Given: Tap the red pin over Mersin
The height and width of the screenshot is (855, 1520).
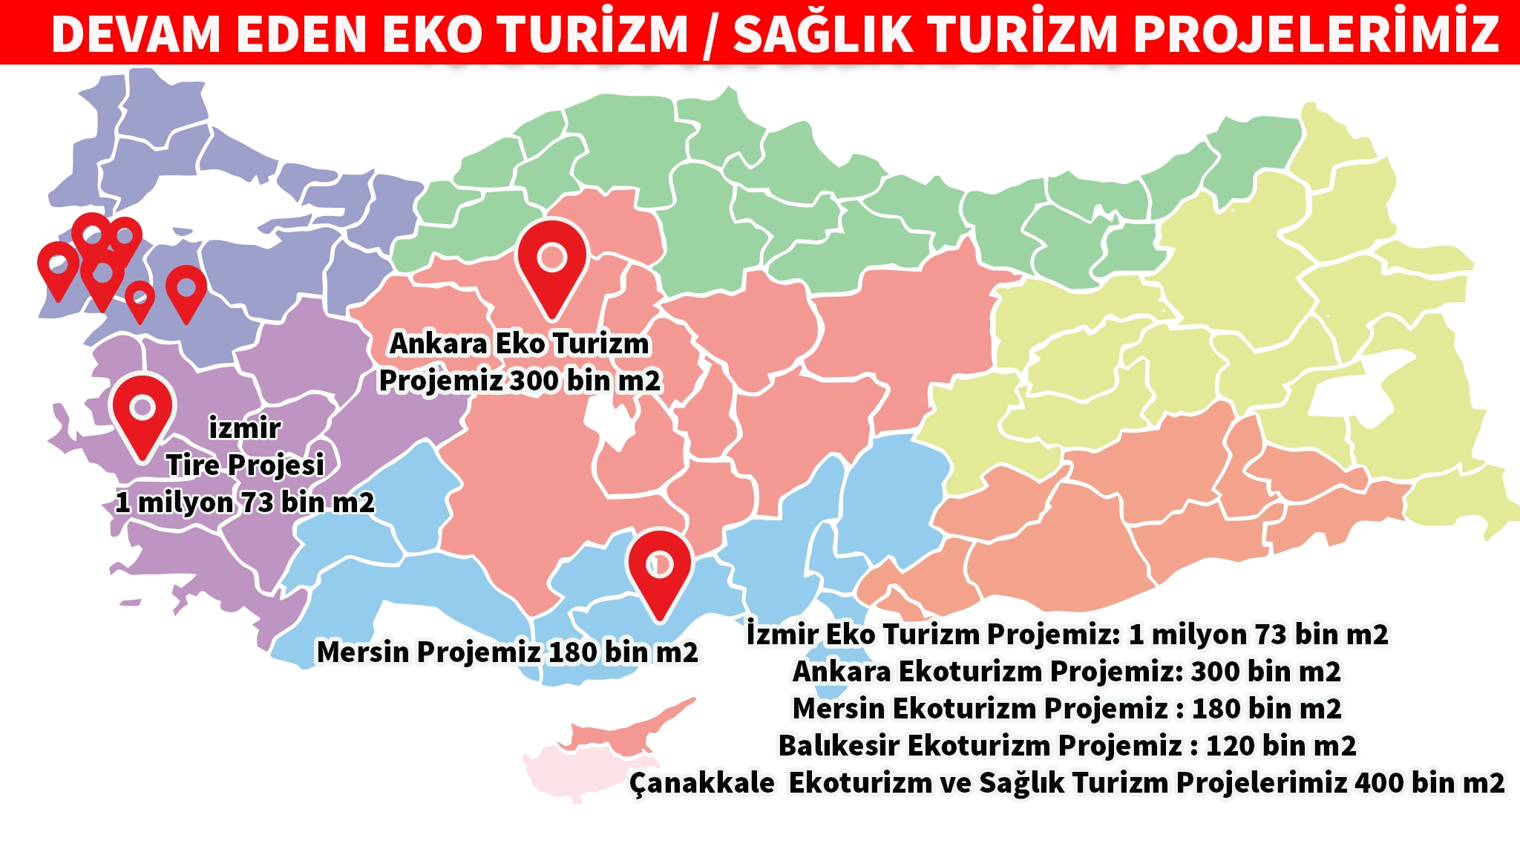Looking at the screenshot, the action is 659,568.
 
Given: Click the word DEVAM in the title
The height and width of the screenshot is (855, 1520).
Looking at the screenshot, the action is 137,33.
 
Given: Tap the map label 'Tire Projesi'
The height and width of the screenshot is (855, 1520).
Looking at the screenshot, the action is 245,465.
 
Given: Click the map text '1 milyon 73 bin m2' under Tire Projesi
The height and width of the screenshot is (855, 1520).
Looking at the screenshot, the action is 245,502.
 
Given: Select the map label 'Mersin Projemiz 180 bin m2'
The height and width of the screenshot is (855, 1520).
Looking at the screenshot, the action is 507,652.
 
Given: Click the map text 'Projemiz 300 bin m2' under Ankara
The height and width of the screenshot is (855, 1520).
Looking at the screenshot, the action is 520,381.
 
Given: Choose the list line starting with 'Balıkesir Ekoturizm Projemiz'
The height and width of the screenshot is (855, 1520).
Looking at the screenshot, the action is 1067,745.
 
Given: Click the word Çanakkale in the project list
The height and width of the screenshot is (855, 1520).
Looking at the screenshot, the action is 701,782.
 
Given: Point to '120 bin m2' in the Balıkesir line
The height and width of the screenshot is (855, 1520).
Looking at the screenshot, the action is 1281,745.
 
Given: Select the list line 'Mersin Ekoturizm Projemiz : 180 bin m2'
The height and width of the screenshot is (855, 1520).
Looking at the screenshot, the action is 1067,708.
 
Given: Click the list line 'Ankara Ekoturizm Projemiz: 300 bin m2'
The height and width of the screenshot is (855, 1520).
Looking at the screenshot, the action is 1067,671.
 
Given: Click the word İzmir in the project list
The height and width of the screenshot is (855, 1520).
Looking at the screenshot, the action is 782,635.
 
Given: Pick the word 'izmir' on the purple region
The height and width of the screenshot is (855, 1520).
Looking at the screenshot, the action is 244,428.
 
